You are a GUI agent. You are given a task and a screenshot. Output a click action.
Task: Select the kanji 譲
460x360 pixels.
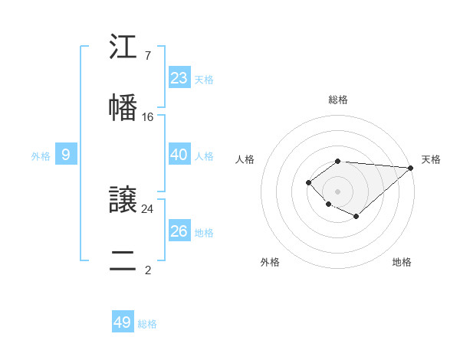(123, 200)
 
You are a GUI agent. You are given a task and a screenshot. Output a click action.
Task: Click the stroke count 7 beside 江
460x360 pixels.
(147, 56)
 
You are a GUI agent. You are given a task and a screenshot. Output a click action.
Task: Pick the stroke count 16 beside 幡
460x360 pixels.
(148, 117)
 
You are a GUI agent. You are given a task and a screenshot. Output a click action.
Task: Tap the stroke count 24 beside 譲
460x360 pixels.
(148, 208)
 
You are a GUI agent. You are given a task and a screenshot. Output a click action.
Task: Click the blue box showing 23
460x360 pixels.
(179, 78)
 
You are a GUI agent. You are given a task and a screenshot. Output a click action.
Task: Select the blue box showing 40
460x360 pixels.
(179, 155)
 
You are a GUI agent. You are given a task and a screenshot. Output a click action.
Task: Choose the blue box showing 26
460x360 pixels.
(179, 231)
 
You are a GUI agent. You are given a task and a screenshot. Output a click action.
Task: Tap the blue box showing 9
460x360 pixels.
(66, 155)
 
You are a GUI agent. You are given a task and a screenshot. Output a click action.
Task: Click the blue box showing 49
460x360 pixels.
(122, 322)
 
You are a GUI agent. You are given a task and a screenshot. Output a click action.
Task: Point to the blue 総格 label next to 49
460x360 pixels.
(147, 324)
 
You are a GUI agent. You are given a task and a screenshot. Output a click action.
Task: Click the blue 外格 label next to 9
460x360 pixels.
(41, 156)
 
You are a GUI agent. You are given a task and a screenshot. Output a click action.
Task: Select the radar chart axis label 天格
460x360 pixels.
(431, 159)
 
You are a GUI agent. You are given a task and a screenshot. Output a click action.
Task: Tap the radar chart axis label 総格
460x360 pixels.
(338, 100)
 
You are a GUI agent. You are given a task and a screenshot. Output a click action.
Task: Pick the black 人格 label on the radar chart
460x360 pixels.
(245, 159)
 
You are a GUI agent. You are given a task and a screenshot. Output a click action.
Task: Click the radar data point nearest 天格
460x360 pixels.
(411, 168)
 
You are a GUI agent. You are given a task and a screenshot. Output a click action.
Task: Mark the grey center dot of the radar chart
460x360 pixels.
(337, 191)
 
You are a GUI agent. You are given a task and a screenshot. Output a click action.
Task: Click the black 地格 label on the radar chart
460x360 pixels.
(402, 262)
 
